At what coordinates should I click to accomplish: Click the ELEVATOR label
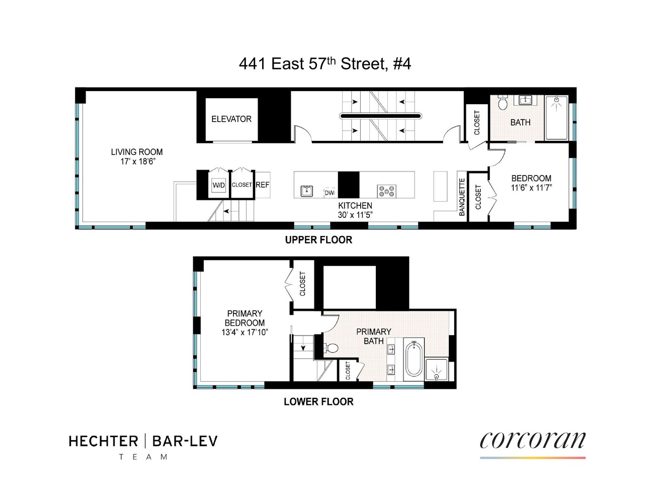tap(231, 119)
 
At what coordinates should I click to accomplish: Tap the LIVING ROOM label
tap(137, 152)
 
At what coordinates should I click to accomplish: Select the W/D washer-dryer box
tap(219, 185)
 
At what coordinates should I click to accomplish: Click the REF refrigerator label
tap(262, 185)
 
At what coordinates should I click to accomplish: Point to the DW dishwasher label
tap(330, 193)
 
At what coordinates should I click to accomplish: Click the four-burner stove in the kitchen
tap(386, 191)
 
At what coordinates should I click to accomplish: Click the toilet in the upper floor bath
tap(503, 103)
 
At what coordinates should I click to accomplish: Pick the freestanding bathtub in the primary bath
tap(414, 359)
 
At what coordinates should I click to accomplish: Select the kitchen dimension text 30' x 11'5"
tap(355, 215)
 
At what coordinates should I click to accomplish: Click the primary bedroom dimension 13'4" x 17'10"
tap(245, 332)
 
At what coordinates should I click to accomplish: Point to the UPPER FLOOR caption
tap(318, 240)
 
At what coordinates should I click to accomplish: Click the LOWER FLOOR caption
tap(318, 402)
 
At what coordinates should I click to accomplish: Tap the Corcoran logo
tap(532, 441)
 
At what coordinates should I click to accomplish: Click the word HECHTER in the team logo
tap(103, 442)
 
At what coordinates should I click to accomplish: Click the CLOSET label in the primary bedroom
tap(302, 284)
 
